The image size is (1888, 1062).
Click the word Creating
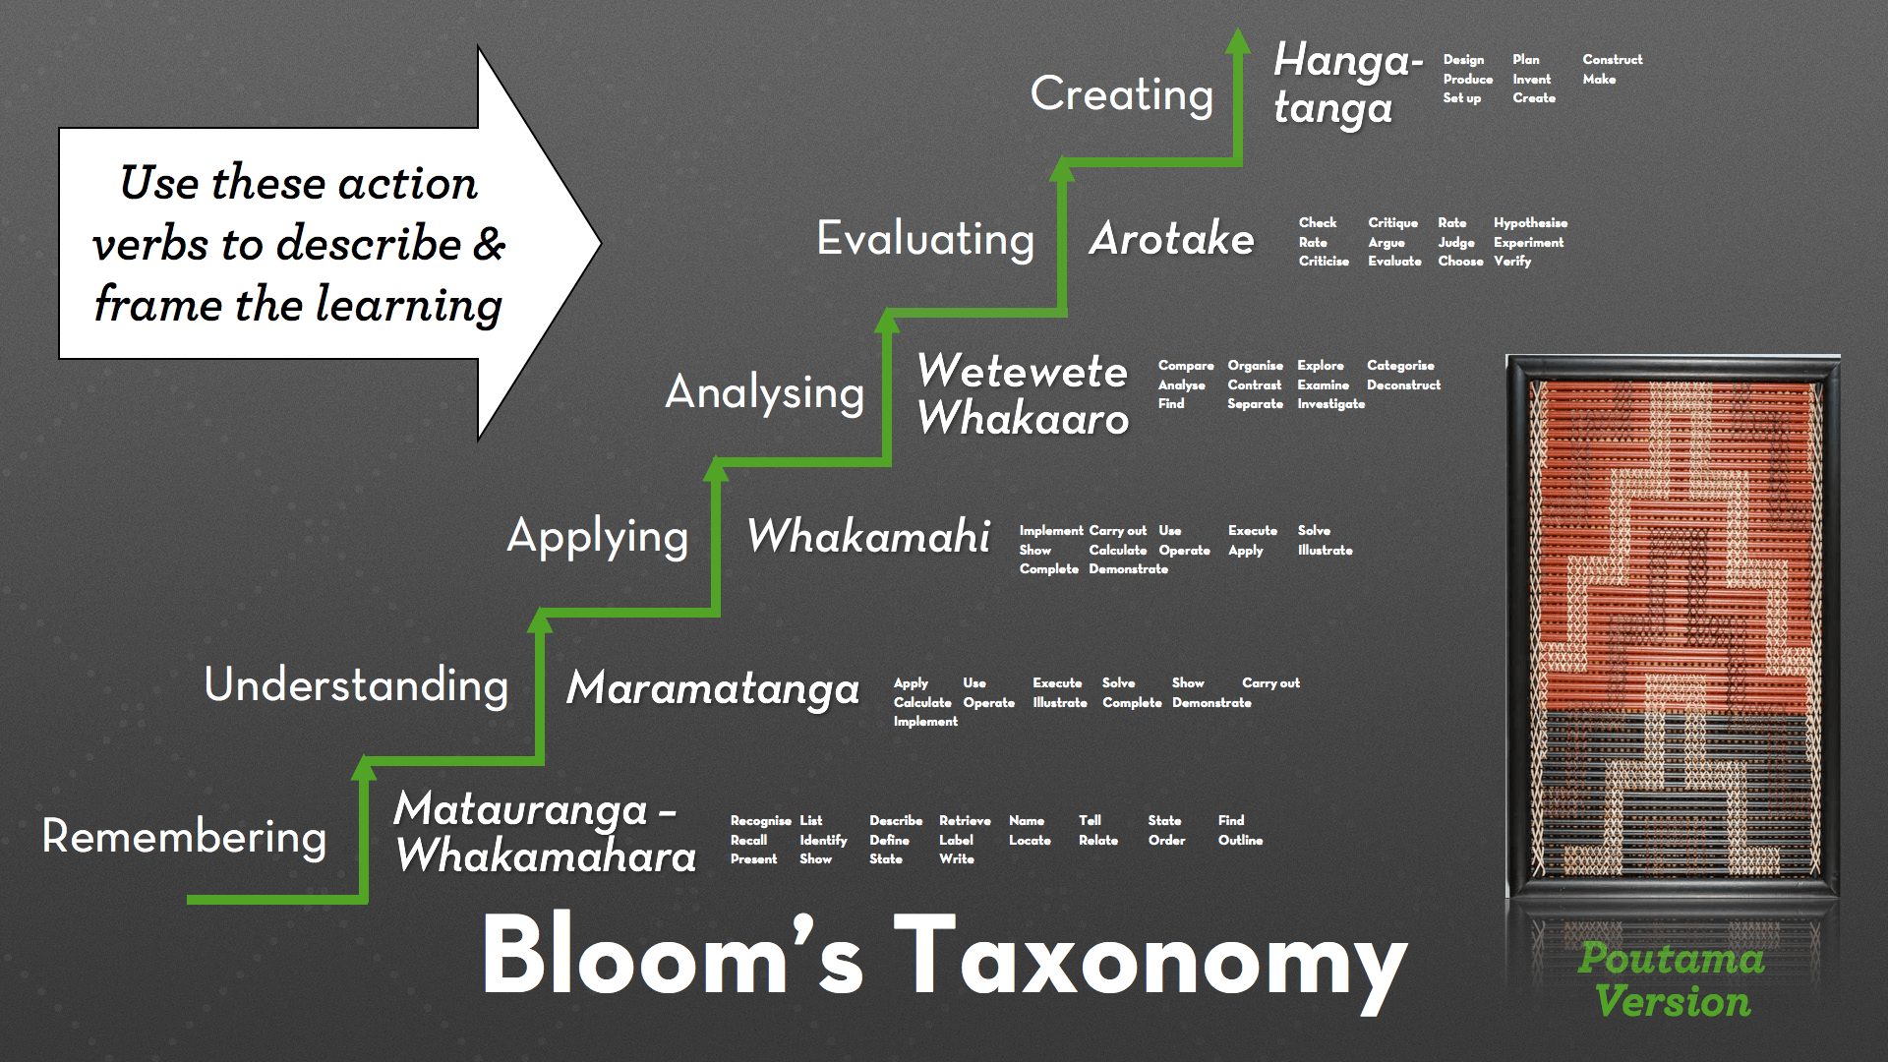click(1121, 95)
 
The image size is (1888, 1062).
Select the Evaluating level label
click(925, 239)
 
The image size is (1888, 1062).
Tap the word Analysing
click(764, 392)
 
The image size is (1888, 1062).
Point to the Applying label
click(597, 537)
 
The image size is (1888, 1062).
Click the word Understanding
click(356, 684)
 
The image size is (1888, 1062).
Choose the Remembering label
click(184, 837)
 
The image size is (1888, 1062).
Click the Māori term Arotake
click(1171, 239)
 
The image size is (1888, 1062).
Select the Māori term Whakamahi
click(868, 537)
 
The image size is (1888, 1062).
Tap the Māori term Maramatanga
click(713, 687)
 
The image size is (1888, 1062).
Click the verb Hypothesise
click(1530, 223)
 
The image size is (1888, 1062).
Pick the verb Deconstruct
click(1403, 385)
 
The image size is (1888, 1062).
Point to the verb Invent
click(1531, 80)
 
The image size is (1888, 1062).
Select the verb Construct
click(1612, 60)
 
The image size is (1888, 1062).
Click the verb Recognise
click(760, 821)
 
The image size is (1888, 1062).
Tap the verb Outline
click(1240, 841)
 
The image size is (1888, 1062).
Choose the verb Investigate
click(1330, 404)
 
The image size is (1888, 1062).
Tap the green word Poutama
click(1671, 959)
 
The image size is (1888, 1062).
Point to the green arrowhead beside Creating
click(1238, 41)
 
